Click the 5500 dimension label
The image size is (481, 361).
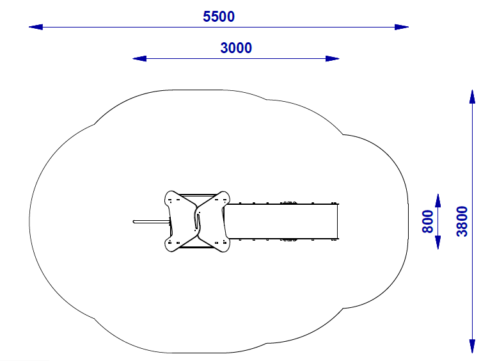[219, 17]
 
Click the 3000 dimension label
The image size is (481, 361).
[236, 48]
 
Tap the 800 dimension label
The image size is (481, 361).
[428, 221]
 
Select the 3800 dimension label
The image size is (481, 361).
[462, 221]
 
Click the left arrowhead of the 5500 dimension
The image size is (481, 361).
[36, 27]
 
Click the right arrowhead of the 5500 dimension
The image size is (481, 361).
[402, 27]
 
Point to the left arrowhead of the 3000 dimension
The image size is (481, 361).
[139, 58]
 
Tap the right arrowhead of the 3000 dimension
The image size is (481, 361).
[333, 58]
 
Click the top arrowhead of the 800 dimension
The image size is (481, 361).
[438, 200]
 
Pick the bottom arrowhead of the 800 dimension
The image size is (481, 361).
[438, 242]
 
